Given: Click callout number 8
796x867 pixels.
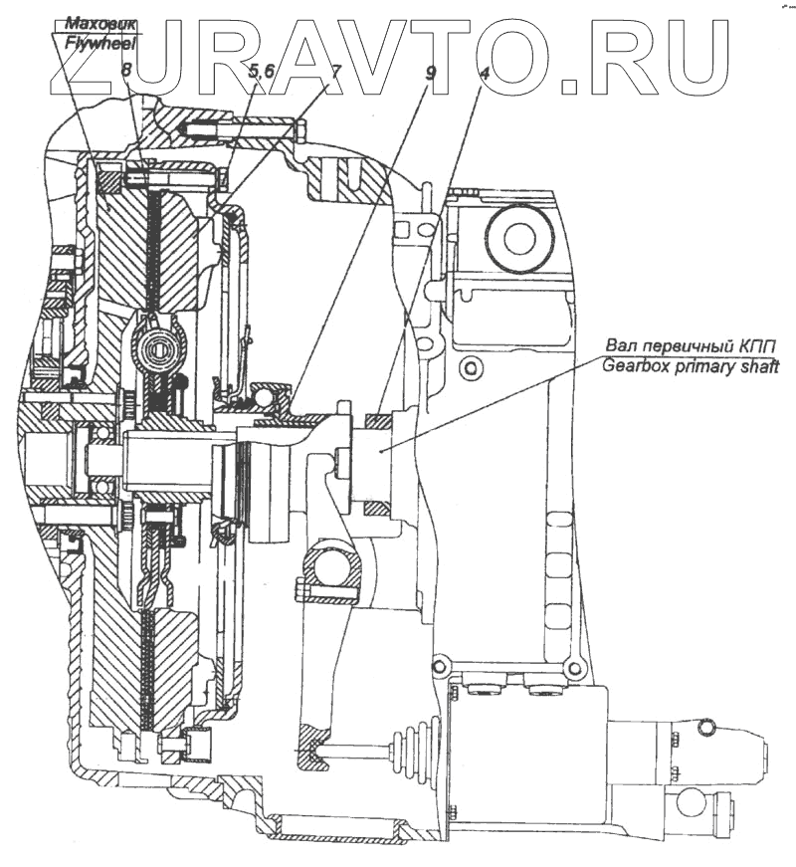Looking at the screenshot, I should tap(126, 71).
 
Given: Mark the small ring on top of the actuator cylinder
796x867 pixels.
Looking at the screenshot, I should tap(704, 730).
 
